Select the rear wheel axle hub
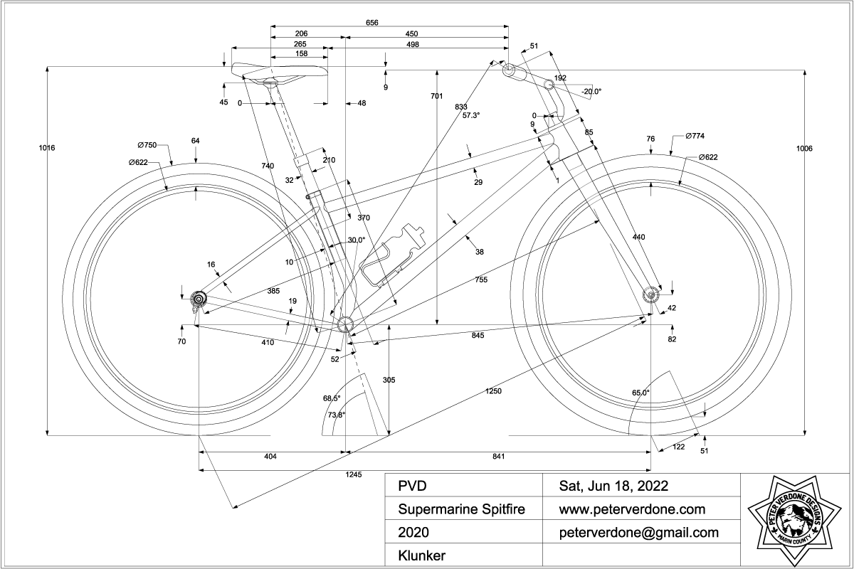(x=198, y=297)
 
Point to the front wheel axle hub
(x=649, y=295)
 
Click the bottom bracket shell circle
(x=346, y=324)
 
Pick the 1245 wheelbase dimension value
(x=354, y=474)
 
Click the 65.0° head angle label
(x=640, y=393)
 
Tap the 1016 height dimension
(x=48, y=148)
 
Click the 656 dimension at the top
(x=372, y=23)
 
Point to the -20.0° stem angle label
(x=591, y=91)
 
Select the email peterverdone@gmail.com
(x=638, y=532)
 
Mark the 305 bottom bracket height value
(x=389, y=380)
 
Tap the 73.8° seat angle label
(x=336, y=415)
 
